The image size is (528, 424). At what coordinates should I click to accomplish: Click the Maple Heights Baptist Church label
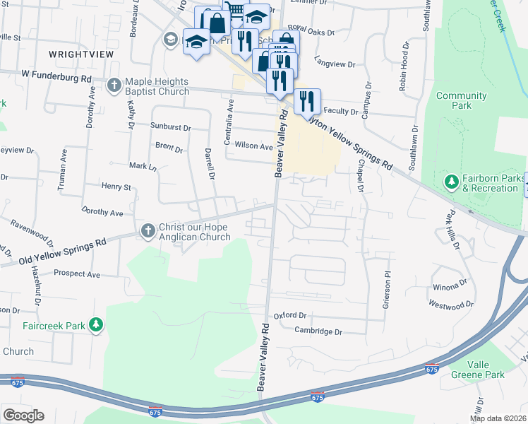(x=157, y=86)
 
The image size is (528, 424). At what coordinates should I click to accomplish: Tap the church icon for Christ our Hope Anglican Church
(x=148, y=230)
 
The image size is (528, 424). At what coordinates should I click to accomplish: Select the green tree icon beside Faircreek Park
(x=96, y=326)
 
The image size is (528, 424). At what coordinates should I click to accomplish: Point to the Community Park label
(x=461, y=100)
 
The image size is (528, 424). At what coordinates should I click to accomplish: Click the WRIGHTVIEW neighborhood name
(x=77, y=54)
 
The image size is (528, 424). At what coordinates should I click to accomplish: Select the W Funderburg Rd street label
(x=57, y=73)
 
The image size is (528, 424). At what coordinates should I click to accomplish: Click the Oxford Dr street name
(x=291, y=315)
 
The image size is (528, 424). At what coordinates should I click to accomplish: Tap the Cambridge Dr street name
(x=318, y=331)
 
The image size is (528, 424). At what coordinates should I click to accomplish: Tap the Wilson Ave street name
(x=253, y=146)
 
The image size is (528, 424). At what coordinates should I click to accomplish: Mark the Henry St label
(x=116, y=187)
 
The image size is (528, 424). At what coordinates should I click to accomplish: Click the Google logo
(x=23, y=416)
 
